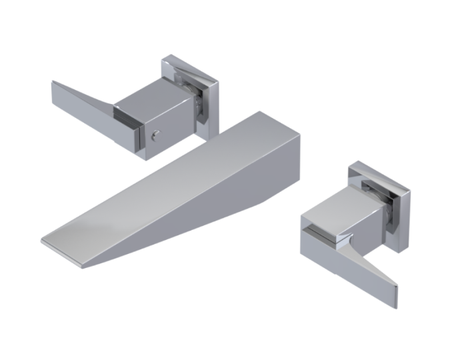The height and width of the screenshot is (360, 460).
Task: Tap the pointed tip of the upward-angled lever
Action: [x=53, y=83]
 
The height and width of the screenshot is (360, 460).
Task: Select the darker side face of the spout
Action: [x=200, y=220]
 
